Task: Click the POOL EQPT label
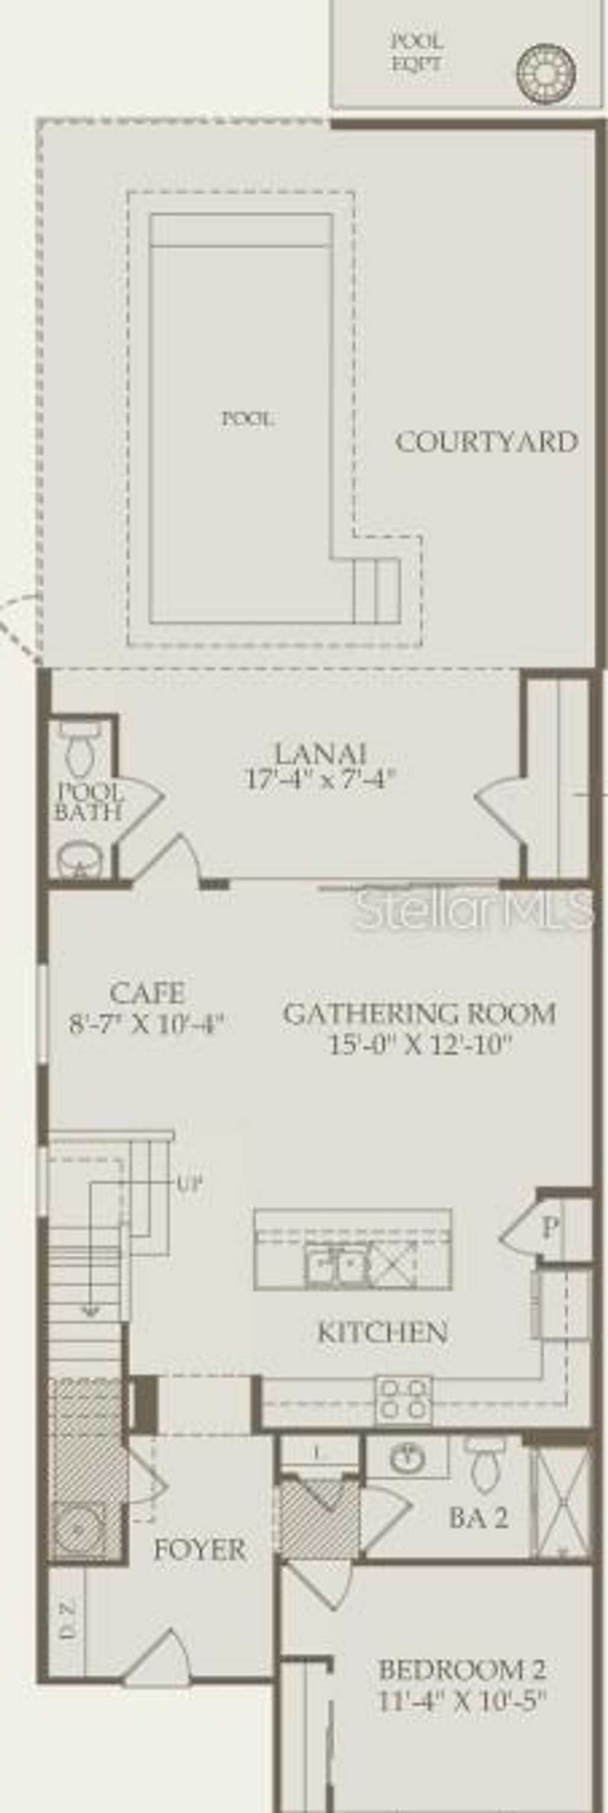click(417, 53)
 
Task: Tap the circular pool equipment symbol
click(546, 73)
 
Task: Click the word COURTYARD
click(486, 442)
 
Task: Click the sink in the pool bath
click(80, 860)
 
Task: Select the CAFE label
click(148, 993)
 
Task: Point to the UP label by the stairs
click(189, 1183)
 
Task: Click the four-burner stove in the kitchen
click(403, 1400)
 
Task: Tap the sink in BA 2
click(406, 1460)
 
